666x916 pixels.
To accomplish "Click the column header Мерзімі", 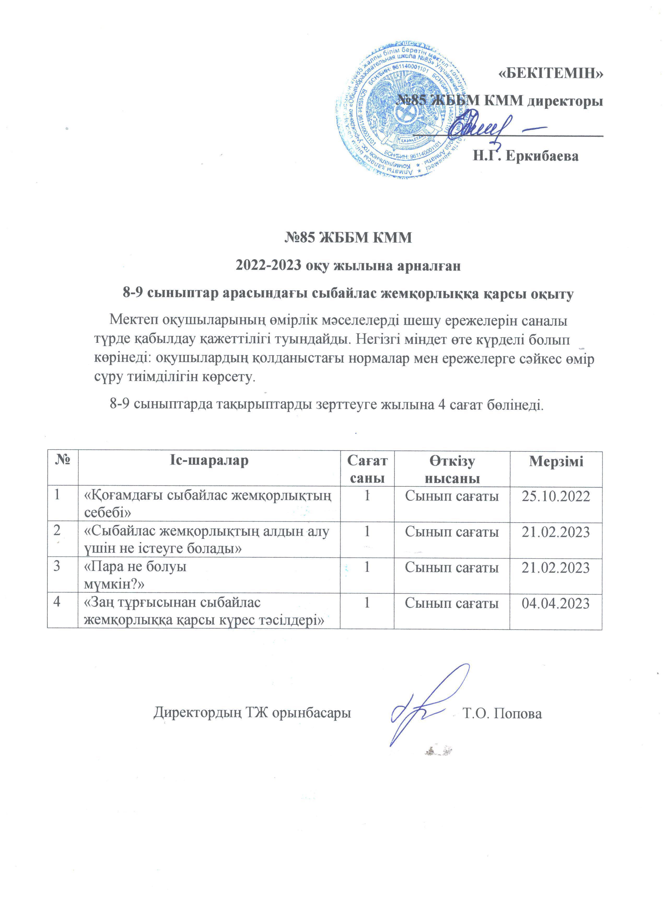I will coord(556,461).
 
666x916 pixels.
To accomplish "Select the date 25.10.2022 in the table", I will coord(556,496).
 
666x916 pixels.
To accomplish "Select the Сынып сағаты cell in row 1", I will coord(452,496).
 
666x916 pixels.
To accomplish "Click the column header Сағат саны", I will coord(367,469).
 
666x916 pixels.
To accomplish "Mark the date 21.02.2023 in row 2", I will coord(556,532).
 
